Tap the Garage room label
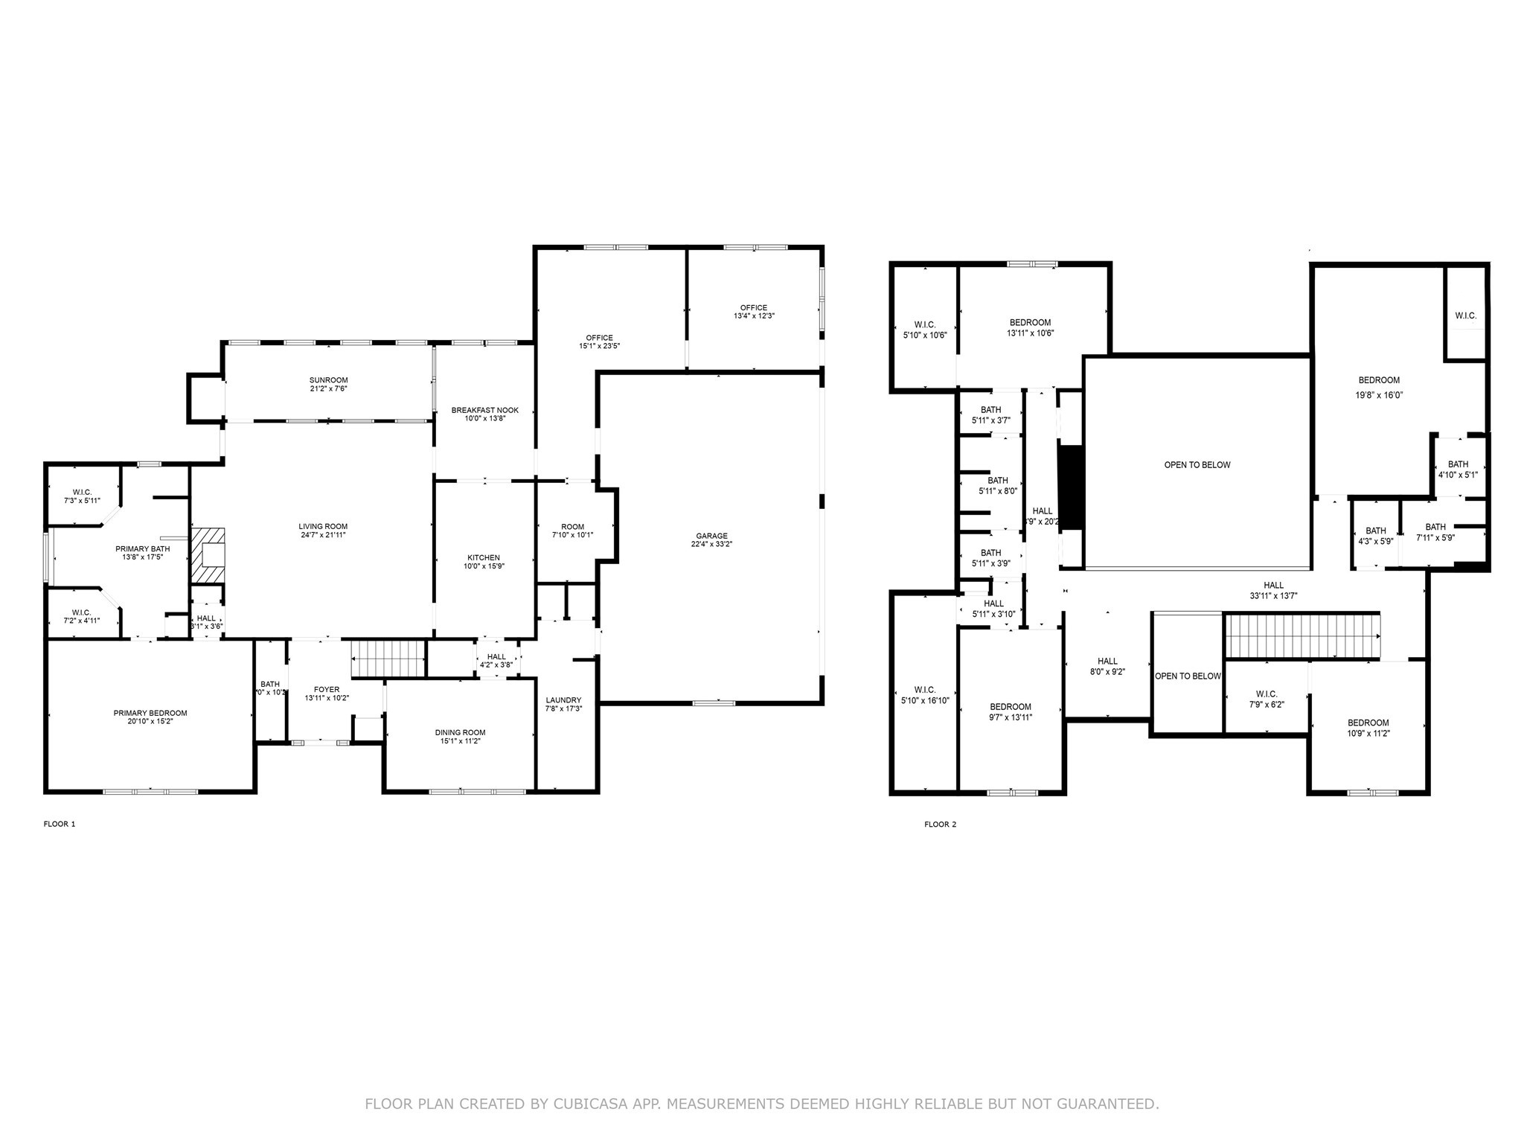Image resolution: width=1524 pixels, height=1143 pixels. tap(711, 536)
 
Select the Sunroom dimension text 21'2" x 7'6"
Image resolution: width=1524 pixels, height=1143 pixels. tap(329, 388)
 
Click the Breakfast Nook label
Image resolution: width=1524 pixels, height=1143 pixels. tap(484, 410)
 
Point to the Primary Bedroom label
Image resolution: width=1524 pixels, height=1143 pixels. tap(150, 713)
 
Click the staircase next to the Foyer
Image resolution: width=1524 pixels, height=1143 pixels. tap(388, 658)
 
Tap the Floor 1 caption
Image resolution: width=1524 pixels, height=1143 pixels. tap(60, 824)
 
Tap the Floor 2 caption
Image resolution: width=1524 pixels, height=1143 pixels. tap(940, 824)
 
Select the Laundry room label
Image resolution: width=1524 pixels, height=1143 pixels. tap(563, 700)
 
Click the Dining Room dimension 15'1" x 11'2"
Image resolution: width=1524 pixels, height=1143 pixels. tap(460, 741)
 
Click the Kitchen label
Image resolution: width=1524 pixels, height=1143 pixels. tap(484, 557)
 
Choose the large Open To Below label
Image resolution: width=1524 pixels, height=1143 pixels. tap(1197, 465)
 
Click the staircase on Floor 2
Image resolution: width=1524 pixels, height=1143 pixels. tap(1302, 636)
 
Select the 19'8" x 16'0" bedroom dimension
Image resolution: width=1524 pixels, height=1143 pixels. tap(1378, 396)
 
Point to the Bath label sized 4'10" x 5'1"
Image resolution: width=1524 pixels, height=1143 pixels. tap(1458, 464)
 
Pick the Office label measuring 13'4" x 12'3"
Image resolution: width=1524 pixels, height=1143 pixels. tap(753, 307)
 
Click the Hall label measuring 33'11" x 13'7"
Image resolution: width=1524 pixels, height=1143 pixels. tap(1273, 585)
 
